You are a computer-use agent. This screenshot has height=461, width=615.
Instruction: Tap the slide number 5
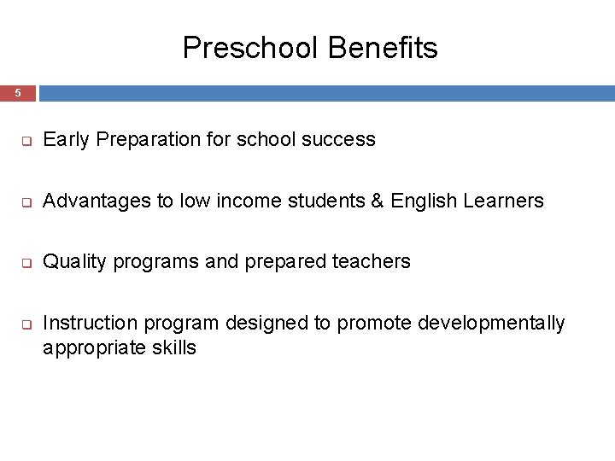pyautogui.click(x=17, y=93)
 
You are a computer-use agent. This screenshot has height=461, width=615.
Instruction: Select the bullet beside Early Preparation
pyautogui.click(x=26, y=141)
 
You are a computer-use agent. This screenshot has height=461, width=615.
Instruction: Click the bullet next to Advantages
pyautogui.click(x=26, y=202)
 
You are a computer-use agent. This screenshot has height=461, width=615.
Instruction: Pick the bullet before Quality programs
pyautogui.click(x=26, y=263)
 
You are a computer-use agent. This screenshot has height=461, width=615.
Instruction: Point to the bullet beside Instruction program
pyautogui.click(x=26, y=324)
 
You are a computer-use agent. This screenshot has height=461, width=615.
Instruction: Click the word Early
pyautogui.click(x=66, y=140)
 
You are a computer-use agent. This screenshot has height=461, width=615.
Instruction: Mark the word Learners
pyautogui.click(x=503, y=201)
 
